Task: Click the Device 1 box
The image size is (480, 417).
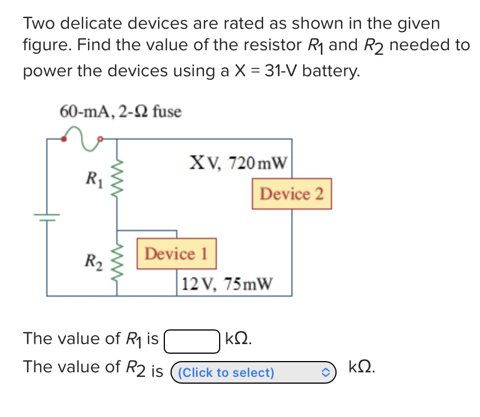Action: (177, 254)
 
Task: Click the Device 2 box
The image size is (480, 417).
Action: (291, 194)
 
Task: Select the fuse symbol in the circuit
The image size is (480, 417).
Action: (81, 137)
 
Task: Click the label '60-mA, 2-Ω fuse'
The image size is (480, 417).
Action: (120, 111)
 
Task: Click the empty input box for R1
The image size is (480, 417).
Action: (191, 340)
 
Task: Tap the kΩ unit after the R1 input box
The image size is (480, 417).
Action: (238, 339)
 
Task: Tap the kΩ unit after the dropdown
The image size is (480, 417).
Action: (361, 367)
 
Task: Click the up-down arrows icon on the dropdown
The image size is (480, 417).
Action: (326, 372)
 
